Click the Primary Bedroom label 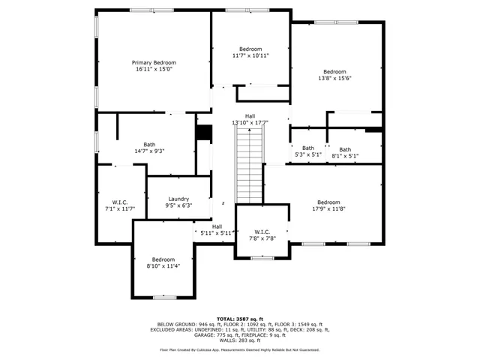tap(154, 62)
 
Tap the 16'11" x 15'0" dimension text tap(154, 69)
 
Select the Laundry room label tap(178, 199)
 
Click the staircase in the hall tap(249, 165)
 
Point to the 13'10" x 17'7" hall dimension tap(250, 122)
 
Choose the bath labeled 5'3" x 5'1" tap(307, 151)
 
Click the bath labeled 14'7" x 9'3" tap(149, 148)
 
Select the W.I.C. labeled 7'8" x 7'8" tap(262, 234)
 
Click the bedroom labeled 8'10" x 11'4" tap(163, 262)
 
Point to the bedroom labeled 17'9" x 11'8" tap(328, 205)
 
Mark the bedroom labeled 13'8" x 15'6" tap(334, 75)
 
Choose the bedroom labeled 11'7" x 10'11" tap(250, 52)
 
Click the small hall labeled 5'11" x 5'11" tap(217, 229)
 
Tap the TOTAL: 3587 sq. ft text tap(240, 318)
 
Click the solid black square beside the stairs tap(203, 132)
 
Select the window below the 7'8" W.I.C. tap(262, 258)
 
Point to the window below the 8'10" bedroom tap(163, 298)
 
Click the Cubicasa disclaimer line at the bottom tap(240, 349)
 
